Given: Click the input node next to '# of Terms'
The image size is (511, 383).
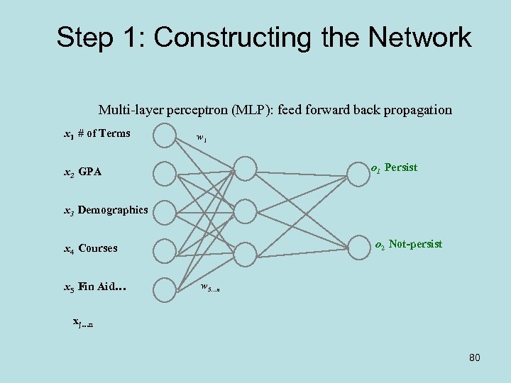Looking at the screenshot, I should [x=165, y=135].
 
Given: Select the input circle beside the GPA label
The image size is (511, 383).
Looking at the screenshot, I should [x=165, y=172].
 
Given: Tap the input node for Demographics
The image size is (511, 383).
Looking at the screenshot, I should [x=165, y=211].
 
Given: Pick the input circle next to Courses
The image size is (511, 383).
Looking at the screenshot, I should [x=165, y=249].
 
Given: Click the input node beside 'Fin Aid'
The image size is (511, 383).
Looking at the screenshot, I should [x=165, y=287].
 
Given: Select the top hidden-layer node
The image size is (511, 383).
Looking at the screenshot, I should [x=245, y=168].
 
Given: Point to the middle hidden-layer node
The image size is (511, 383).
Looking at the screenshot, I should [x=245, y=211].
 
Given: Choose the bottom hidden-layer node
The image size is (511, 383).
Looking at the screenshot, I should [x=245, y=253].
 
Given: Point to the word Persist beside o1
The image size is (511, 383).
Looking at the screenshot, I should [x=401, y=168].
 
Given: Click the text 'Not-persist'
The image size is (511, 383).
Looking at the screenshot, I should [x=415, y=244].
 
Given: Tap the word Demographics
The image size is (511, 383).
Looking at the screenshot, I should [x=113, y=210].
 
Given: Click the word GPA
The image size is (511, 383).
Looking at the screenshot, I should [x=90, y=172].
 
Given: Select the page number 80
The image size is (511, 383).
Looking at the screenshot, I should [x=474, y=358].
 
